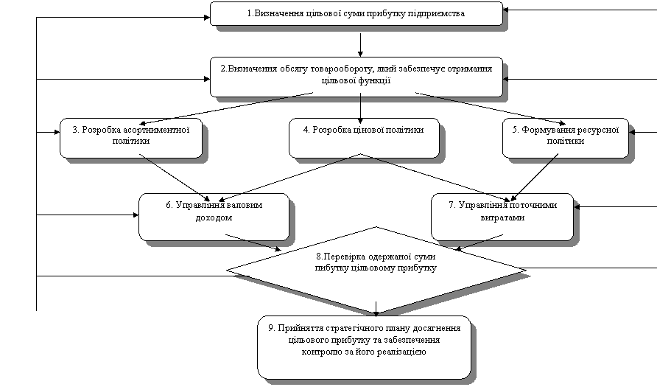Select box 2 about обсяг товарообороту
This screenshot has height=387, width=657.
(x=356, y=76)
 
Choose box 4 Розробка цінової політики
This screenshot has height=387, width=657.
(x=364, y=136)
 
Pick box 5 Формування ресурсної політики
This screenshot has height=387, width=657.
(x=565, y=136)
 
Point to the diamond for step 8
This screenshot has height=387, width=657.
(x=376, y=269)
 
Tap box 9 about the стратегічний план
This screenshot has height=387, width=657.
(x=364, y=346)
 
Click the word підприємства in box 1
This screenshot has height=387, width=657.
(x=438, y=14)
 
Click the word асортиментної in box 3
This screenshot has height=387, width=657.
(x=155, y=130)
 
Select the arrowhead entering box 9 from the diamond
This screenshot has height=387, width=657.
(x=376, y=313)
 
